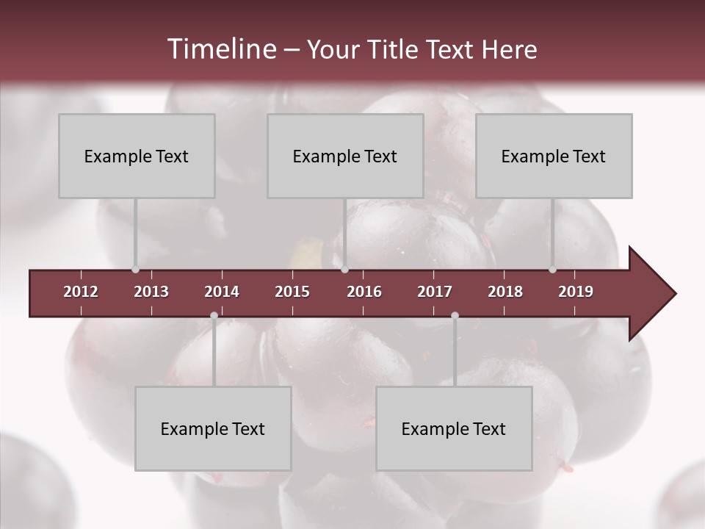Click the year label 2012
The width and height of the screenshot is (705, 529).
point(81,292)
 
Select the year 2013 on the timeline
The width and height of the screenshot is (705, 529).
point(151,292)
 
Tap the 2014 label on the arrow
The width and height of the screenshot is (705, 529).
point(222,292)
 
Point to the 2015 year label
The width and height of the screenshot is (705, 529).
point(292,292)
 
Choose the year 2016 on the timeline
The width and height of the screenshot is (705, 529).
point(364,292)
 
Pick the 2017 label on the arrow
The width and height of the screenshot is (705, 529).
point(435,292)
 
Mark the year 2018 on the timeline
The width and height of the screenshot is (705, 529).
point(505,292)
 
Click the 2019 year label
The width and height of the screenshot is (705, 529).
point(576,292)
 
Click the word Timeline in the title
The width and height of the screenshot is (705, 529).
point(220,49)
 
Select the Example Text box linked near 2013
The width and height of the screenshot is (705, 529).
point(137,156)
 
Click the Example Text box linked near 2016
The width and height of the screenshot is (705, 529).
point(345,156)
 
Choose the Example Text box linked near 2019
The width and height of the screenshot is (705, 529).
point(554,156)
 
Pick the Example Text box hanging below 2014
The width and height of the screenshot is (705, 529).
point(213,428)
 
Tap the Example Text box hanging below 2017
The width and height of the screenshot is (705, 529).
point(454,428)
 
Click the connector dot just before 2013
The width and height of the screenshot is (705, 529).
point(135,270)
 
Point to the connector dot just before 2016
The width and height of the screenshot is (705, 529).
point(344,270)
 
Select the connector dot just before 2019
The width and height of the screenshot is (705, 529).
point(552,270)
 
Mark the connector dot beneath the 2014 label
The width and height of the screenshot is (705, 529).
point(214,316)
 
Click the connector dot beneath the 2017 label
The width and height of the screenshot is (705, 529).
point(455,316)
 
